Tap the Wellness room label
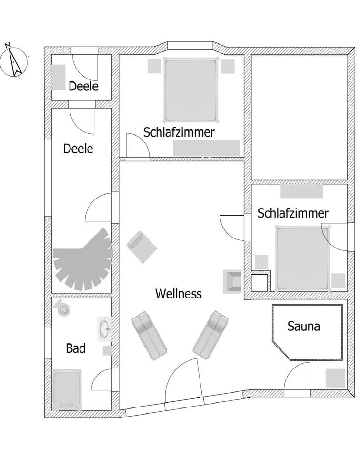pyautogui.click(x=178, y=294)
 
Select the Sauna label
pyautogui.click(x=303, y=327)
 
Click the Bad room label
pyautogui.click(x=76, y=348)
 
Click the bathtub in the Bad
pyautogui.click(x=67, y=389)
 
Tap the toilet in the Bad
pyautogui.click(x=62, y=308)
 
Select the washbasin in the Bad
pyautogui.click(x=104, y=328)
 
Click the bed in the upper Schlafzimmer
pyautogui.click(x=190, y=89)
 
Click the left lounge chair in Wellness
pyautogui.click(x=149, y=336)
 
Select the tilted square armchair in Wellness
pyautogui.click(x=142, y=246)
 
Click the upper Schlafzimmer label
pyautogui.click(x=179, y=132)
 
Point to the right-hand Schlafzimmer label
pyautogui.click(x=293, y=213)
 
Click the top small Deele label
pyautogui.click(x=83, y=86)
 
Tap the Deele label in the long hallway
pyautogui.click(x=78, y=149)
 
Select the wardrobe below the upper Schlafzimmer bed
pyautogui.click(x=206, y=148)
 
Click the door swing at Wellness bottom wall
pyautogui.click(x=182, y=381)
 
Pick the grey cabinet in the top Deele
pyautogui.click(x=58, y=77)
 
